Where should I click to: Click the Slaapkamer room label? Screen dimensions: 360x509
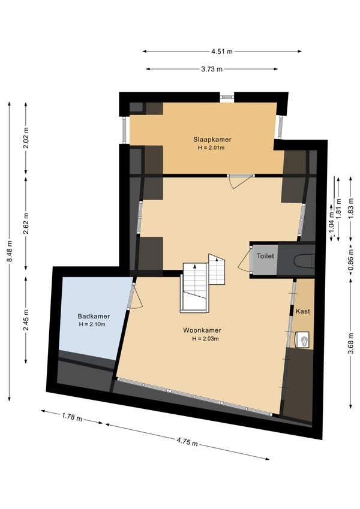(212, 140)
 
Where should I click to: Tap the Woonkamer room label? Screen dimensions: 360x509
(202, 330)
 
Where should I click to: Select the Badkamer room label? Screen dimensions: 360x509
(94, 316)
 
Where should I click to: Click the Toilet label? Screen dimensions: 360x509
(265, 256)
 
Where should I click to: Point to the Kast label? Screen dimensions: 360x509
(302, 311)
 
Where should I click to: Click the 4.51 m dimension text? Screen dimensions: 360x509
(222, 52)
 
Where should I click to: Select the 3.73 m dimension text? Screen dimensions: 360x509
(212, 69)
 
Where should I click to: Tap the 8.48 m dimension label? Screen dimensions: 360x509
(10, 251)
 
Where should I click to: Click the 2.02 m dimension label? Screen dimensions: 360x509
(26, 138)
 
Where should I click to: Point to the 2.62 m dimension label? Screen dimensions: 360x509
(26, 223)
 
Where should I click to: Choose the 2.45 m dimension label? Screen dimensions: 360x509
(26, 320)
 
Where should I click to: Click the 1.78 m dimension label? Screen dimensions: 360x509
(72, 417)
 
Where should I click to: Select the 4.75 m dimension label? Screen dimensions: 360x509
(187, 441)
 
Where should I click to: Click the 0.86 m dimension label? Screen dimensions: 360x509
(351, 259)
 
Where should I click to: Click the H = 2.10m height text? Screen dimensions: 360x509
(92, 324)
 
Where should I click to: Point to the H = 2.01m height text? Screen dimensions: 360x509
(212, 147)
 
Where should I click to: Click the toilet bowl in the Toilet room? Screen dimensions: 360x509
(304, 261)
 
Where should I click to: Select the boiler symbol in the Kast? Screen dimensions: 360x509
(302, 340)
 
